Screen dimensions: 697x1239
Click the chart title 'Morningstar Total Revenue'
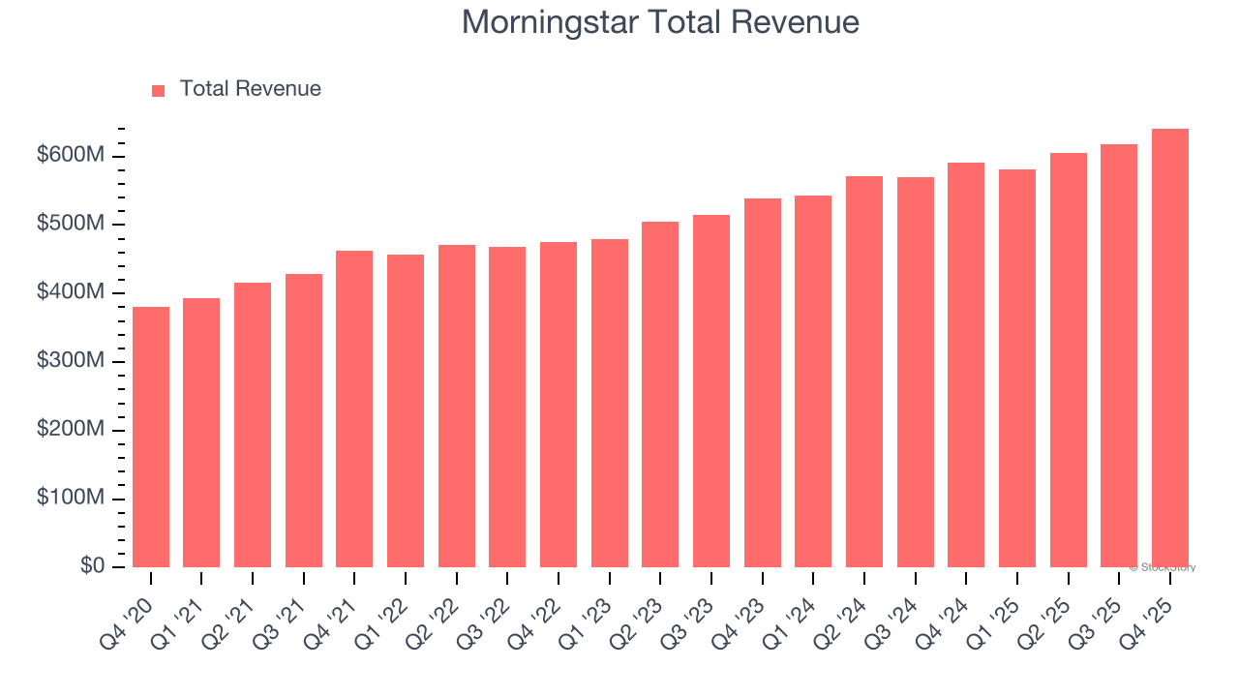tap(660, 22)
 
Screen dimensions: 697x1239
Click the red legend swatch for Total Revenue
tap(159, 90)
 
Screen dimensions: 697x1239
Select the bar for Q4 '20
tap(151, 437)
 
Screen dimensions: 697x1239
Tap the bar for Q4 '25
tap(1169, 348)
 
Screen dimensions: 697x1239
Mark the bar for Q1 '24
tap(813, 381)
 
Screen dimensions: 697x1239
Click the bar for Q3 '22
tap(507, 407)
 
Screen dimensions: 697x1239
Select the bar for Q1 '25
tap(1016, 368)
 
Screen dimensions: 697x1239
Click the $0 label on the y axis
tap(93, 566)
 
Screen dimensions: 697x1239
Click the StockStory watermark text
tap(1163, 567)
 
